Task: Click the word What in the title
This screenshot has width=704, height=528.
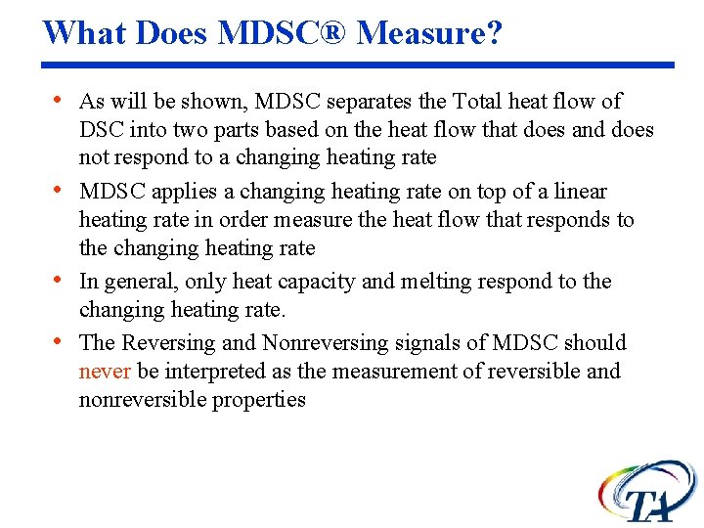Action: pyautogui.click(x=84, y=32)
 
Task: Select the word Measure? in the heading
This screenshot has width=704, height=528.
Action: pyautogui.click(x=429, y=32)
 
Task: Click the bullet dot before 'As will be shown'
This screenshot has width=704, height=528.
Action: pyautogui.click(x=61, y=101)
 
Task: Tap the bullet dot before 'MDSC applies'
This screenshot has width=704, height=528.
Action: pyautogui.click(x=61, y=191)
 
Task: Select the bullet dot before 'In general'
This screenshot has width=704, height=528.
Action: pyautogui.click(x=61, y=282)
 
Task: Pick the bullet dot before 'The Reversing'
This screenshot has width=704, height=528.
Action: pyautogui.click(x=61, y=342)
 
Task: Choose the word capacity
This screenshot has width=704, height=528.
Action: pyautogui.click(x=318, y=282)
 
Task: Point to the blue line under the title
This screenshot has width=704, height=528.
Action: pyautogui.click(x=357, y=66)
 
